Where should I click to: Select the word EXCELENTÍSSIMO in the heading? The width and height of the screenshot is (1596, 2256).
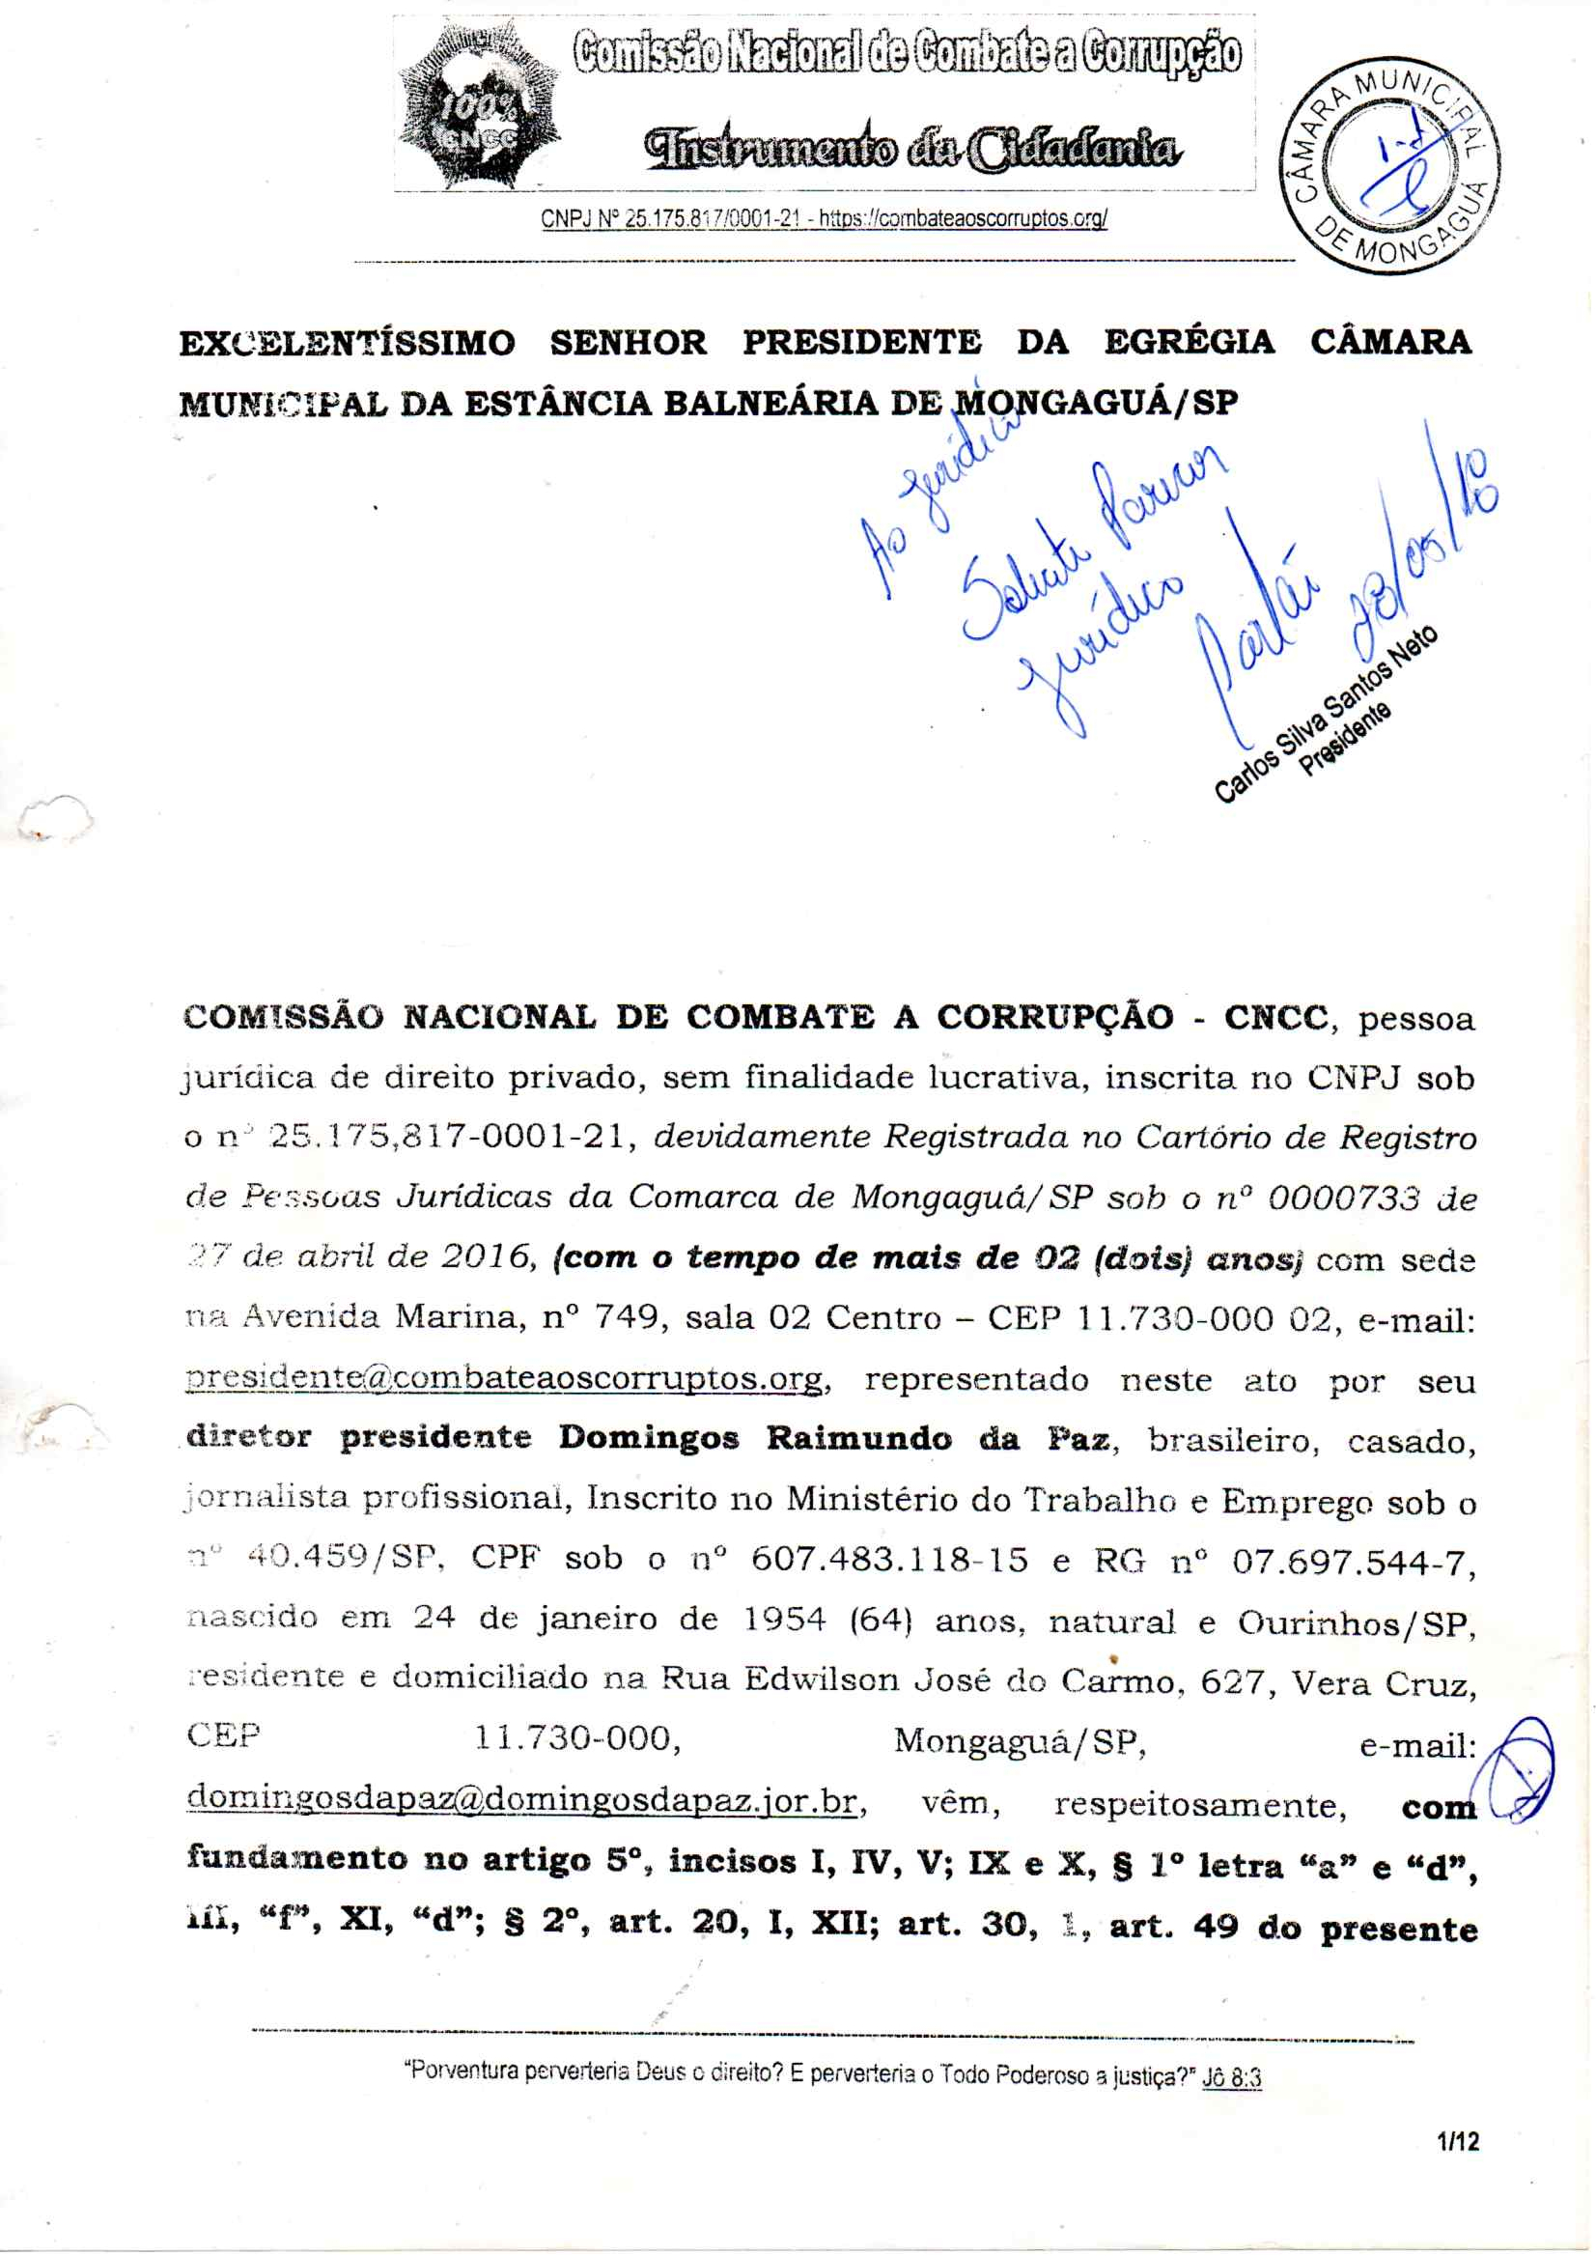click(x=347, y=343)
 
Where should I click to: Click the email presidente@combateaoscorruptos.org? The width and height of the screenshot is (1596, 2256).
click(x=505, y=1379)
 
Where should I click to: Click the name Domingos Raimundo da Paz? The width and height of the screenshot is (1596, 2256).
click(x=834, y=1438)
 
